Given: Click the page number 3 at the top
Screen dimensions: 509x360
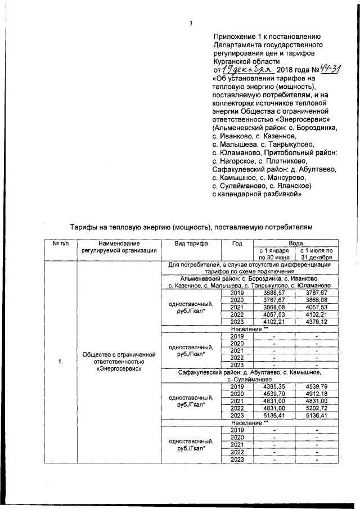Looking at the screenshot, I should pos(191,23).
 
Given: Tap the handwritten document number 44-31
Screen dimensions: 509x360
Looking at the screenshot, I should pos(325,69).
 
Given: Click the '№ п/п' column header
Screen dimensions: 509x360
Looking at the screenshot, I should pos(60,244).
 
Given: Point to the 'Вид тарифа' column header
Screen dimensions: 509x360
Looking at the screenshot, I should pos(191,244).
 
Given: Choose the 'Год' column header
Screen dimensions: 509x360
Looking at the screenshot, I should pos(237,244).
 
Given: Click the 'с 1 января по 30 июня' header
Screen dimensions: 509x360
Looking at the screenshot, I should pos(274,253).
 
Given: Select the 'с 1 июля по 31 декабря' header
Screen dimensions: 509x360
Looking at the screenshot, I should pos(318,253).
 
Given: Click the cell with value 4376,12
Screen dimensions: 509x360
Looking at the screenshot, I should pos(318,321).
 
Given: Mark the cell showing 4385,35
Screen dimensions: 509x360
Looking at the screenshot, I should pos(274,386).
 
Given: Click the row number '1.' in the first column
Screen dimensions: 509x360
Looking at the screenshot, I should pos(60,362).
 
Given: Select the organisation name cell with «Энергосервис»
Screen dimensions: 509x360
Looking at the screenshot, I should pos(118,362).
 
